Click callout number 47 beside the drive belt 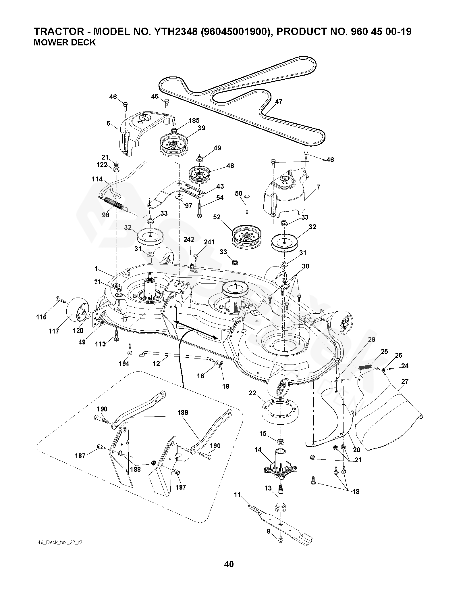pos(278,102)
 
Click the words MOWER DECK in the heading pos(65,43)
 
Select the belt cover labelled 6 pos(146,134)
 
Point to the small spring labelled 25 pos(366,367)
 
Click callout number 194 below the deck pos(124,364)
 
